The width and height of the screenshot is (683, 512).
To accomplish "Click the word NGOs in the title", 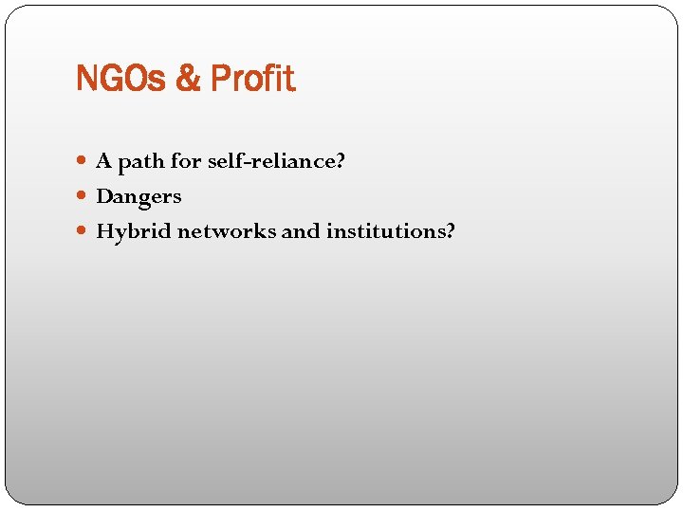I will tap(122, 79).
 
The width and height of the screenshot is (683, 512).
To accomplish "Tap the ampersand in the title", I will tap(188, 79).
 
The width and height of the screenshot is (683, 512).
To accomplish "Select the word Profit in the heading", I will tap(252, 79).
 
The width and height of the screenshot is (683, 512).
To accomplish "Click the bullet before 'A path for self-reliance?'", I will tap(85, 162).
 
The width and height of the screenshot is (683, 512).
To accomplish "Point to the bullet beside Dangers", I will tap(85, 197).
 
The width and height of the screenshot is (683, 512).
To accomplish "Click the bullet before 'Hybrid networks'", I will tap(85, 231).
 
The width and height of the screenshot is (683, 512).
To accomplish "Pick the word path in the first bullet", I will tap(141, 163).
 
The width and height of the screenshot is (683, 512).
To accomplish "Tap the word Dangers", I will tap(138, 197).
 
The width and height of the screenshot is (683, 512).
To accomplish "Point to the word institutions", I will tap(384, 231).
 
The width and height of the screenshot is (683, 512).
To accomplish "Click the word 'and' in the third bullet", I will tap(301, 231).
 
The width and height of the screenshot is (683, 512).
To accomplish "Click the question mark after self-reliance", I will tap(340, 162).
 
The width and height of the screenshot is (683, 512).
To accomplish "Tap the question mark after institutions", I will tap(450, 231).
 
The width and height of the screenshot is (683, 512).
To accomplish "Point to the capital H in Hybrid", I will tap(104, 231).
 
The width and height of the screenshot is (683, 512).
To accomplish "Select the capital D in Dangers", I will tap(104, 197).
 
